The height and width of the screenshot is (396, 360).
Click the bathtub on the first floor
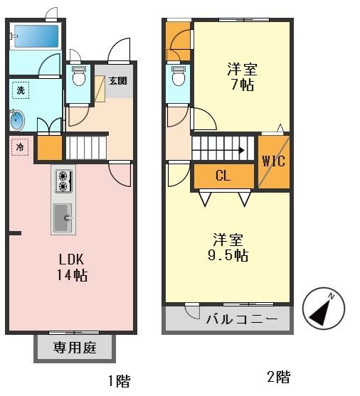tap(36, 36)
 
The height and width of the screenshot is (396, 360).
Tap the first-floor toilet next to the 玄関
tap(78, 76)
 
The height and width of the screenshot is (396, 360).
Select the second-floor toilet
tap(179, 76)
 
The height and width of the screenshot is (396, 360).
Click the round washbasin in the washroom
tap(17, 120)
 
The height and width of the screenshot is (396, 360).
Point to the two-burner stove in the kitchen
tap(63, 181)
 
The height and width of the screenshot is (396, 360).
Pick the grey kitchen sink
tap(63, 218)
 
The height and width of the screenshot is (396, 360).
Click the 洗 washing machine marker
tap(21, 90)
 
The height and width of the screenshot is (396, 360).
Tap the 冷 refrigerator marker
tap(20, 147)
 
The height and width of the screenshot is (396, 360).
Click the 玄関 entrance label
tap(118, 81)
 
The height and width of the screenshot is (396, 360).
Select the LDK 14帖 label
tap(72, 267)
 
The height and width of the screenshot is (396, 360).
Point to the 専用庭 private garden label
tap(75, 348)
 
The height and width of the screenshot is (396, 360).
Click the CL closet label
tap(223, 176)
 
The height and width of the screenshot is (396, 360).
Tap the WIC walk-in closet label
tap(274, 161)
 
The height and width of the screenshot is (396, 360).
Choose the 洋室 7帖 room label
tap(242, 77)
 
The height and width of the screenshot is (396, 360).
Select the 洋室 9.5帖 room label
tap(228, 247)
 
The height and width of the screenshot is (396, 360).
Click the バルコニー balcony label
tap(242, 319)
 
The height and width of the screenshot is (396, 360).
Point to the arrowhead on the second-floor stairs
tap(242, 151)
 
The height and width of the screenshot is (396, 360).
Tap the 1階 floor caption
tap(120, 381)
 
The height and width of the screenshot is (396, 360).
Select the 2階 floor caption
tap(279, 377)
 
